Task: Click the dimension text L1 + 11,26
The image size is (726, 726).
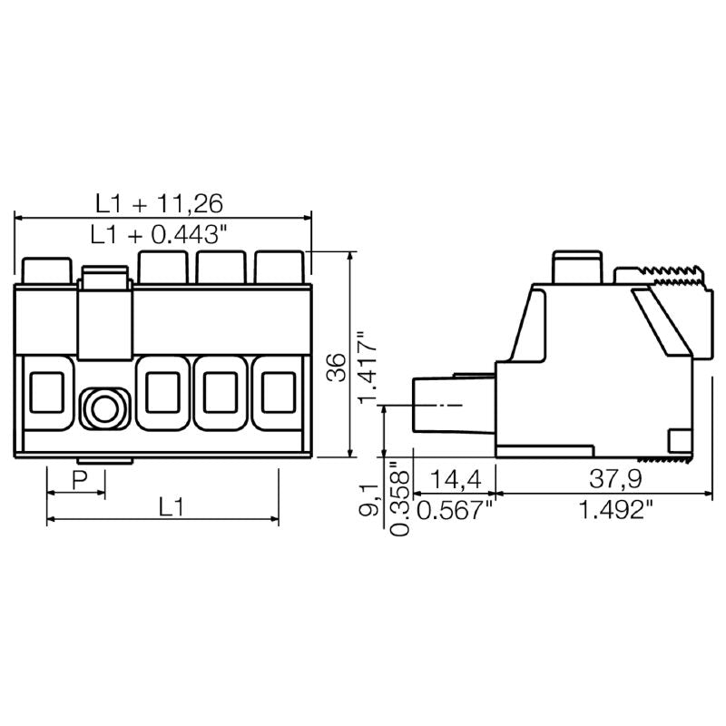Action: [160, 201]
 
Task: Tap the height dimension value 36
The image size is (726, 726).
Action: [336, 368]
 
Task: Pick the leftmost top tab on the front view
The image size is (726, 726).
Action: [45, 270]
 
